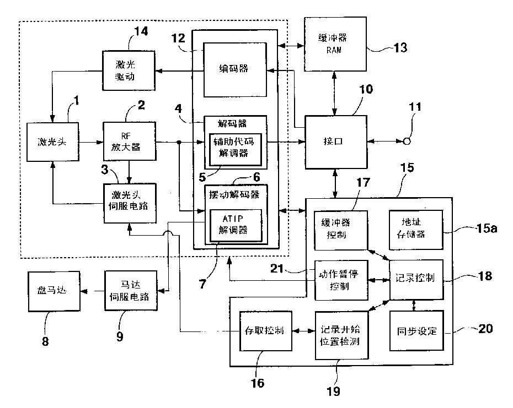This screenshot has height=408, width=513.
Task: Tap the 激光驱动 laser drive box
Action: click(127, 71)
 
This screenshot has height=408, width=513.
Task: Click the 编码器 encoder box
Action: click(236, 69)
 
